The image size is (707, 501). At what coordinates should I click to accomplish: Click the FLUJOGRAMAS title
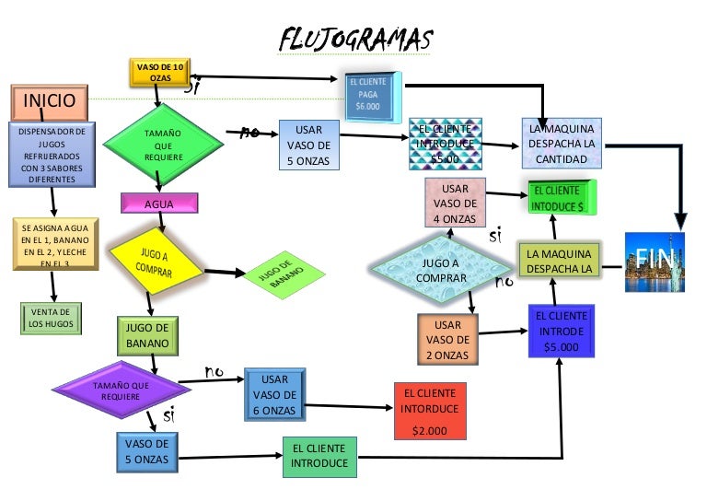(x=355, y=40)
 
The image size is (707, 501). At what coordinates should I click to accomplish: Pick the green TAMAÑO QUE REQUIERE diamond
(x=163, y=146)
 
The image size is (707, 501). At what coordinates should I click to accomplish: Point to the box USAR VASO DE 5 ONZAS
(x=307, y=146)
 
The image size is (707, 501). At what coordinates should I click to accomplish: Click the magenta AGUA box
(x=159, y=203)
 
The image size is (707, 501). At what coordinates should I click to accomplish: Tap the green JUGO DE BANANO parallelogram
(x=281, y=273)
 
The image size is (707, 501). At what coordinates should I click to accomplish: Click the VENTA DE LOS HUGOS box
(x=51, y=318)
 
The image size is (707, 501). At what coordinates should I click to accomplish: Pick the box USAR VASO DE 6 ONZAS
(x=274, y=393)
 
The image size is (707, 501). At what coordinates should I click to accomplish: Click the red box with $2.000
(x=429, y=412)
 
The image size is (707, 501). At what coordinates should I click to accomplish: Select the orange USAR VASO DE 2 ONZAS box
(x=447, y=340)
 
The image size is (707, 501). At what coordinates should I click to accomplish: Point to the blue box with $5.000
(x=562, y=332)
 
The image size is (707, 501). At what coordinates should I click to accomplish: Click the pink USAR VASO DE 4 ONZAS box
(x=455, y=204)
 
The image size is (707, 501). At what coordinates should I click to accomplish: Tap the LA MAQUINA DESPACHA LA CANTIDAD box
(x=562, y=144)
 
